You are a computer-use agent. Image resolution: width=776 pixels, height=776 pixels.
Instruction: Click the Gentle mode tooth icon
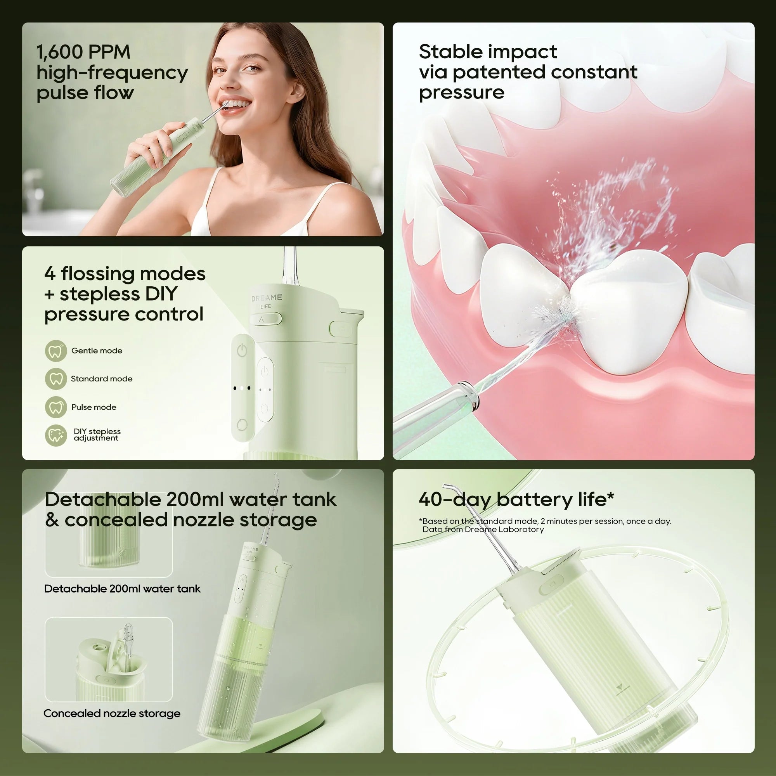click(x=56, y=351)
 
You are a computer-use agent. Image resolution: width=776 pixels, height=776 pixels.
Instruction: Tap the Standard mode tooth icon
click(x=56, y=379)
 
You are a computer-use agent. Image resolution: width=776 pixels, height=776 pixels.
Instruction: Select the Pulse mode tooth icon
click(x=56, y=407)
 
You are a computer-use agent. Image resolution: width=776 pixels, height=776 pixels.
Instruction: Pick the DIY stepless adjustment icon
click(x=56, y=435)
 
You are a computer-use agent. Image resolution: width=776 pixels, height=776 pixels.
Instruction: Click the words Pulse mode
click(x=94, y=407)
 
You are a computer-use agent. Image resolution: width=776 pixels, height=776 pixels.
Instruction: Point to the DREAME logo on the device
click(x=267, y=298)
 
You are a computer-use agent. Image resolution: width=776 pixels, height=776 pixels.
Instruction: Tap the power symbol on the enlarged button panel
click(x=242, y=350)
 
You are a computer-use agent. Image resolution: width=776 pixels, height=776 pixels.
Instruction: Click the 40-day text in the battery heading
click(x=455, y=500)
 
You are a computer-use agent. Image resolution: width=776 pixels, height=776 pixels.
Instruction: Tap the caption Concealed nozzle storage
click(x=112, y=714)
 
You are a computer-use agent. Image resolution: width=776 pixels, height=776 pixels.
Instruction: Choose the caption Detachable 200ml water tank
click(x=122, y=589)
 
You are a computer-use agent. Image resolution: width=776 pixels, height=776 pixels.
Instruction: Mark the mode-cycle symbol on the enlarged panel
click(x=242, y=424)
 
